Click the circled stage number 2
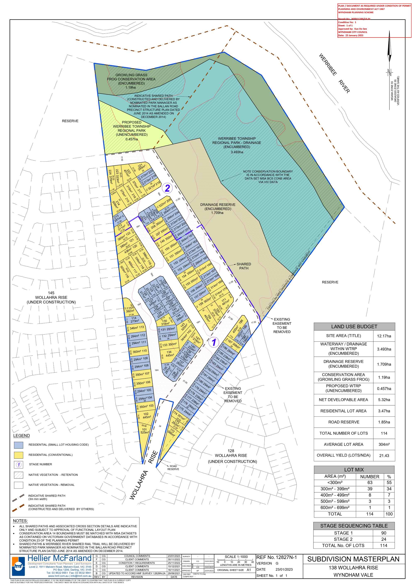[x=167, y=188]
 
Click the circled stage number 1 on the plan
[x=214, y=342]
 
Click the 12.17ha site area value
[x=384, y=336]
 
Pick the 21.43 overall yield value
[x=384, y=456]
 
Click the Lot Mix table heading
[x=354, y=470]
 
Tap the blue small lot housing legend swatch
[x=19, y=445]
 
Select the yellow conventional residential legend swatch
[x=19, y=455]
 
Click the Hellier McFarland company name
[x=59, y=558]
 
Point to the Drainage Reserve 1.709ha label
[x=218, y=209]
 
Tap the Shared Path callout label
[x=244, y=266]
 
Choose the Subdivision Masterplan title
[x=353, y=559]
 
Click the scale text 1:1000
[x=236, y=557]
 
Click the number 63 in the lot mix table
[x=370, y=483]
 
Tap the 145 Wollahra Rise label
[x=51, y=297]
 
